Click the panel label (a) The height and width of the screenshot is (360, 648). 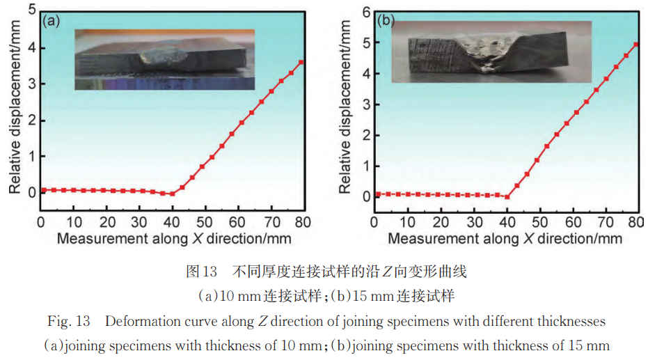(52, 21)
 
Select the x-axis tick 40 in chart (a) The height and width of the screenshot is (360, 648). (171, 221)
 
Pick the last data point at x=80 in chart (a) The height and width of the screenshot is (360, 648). (301, 63)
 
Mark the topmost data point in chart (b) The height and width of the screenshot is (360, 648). (636, 45)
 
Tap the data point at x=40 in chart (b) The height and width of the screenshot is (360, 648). (507, 196)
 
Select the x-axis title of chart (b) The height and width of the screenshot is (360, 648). (505, 239)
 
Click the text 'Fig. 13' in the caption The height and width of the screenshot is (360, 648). (65, 322)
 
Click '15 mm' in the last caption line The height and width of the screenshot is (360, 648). (575, 345)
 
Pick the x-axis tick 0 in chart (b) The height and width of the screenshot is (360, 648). (374, 221)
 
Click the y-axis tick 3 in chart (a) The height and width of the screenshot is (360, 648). (31, 84)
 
